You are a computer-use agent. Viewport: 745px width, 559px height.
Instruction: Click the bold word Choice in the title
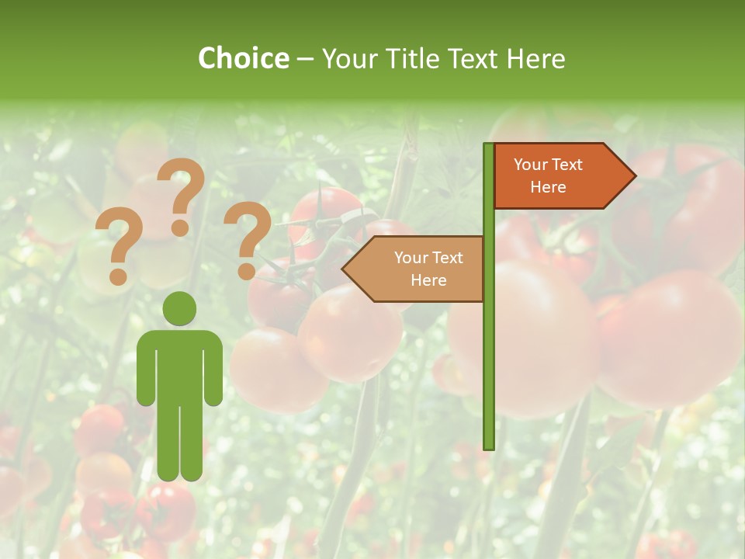click(x=243, y=58)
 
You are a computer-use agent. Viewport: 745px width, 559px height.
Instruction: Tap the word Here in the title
click(x=535, y=58)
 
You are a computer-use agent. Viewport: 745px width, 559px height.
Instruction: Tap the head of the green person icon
click(x=180, y=308)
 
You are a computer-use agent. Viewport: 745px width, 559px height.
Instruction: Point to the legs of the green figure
click(x=180, y=443)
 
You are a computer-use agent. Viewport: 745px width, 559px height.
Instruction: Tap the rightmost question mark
click(x=247, y=237)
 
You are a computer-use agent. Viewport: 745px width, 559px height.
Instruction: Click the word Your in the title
click(x=348, y=58)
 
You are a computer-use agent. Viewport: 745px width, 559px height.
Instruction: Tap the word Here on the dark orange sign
click(x=548, y=187)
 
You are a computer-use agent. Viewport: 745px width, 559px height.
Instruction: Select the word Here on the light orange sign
click(x=428, y=280)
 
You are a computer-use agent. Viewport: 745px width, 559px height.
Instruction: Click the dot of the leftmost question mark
click(x=118, y=276)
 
